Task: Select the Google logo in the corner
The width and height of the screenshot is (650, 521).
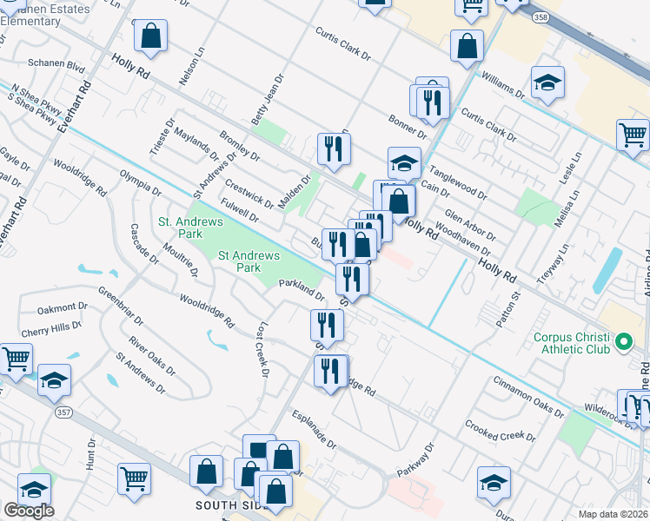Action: click(x=29, y=511)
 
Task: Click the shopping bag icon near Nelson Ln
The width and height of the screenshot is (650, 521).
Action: click(x=151, y=36)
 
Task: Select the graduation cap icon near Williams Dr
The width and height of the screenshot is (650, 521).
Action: click(x=547, y=82)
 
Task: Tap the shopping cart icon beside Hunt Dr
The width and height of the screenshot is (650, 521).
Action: click(x=134, y=477)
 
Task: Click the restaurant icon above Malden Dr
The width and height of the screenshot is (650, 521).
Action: click(x=333, y=148)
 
